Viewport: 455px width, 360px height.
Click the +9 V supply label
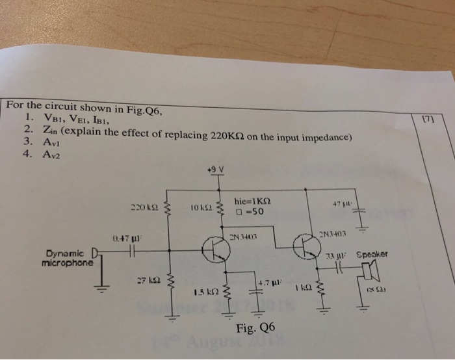coord(214,170)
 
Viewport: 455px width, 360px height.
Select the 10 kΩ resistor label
coord(201,207)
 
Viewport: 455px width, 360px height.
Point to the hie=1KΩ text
coord(252,201)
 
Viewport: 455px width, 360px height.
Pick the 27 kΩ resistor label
coord(145,281)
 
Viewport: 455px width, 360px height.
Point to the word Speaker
coord(372,255)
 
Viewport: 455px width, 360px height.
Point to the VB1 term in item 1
coord(55,118)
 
